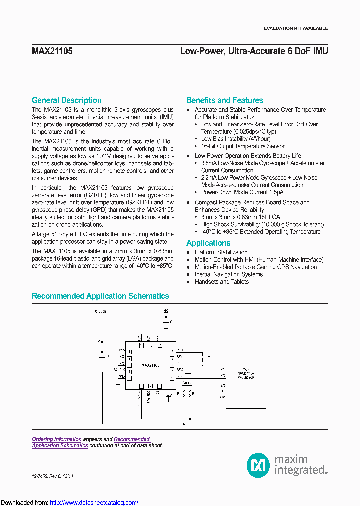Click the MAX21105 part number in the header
52,51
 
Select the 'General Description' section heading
66,100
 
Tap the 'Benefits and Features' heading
224,100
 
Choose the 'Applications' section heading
208,243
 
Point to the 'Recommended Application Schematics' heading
100,296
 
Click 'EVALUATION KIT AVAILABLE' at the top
296,28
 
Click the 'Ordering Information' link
57,439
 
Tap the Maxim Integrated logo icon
258,465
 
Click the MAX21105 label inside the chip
150,366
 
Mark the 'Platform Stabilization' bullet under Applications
221,252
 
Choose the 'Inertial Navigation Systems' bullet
228,274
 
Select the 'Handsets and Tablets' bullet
221,282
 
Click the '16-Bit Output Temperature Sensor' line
243,146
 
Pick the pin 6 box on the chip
141,386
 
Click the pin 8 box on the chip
159,386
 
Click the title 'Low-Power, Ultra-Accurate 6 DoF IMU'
254,51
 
